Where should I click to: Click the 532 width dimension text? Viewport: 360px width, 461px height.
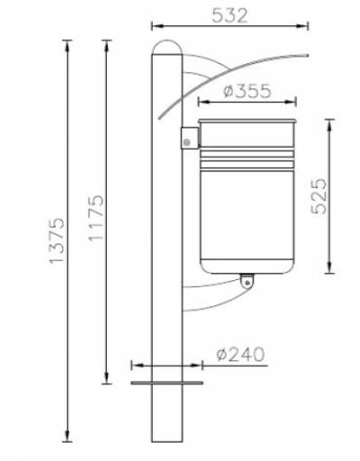coord(233,15)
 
